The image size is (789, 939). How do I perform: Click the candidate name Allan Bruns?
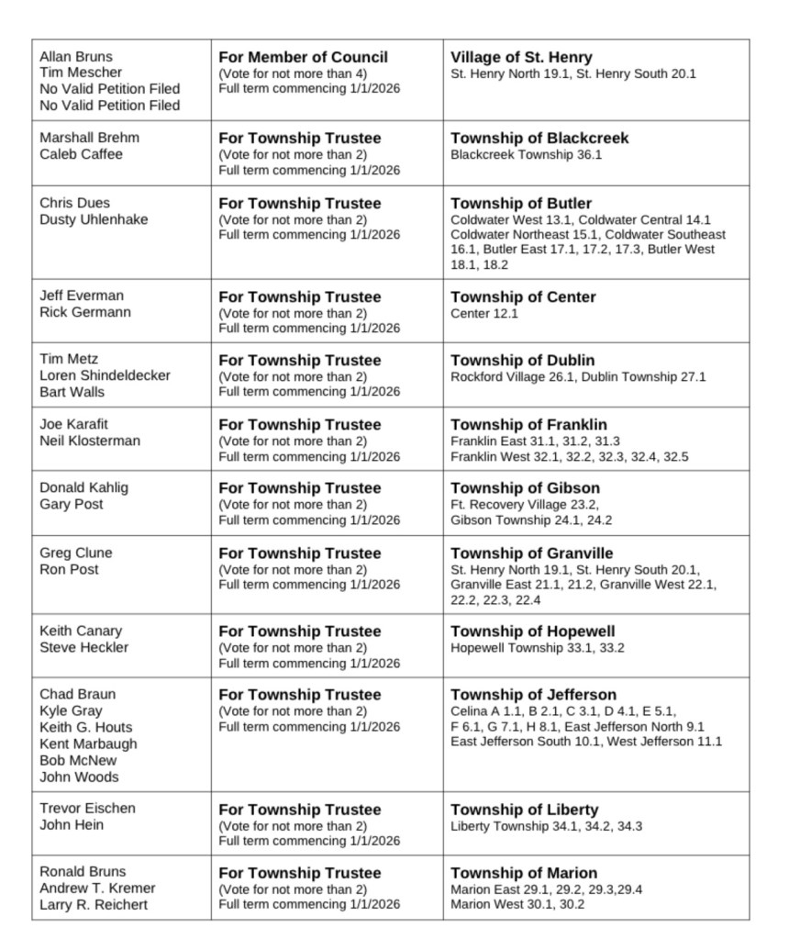[x=76, y=57]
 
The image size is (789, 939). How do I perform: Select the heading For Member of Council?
[x=303, y=57]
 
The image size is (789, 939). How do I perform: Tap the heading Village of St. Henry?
[x=521, y=57]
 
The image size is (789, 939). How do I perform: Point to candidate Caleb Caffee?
[x=81, y=154]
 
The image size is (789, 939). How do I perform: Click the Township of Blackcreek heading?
[x=539, y=138]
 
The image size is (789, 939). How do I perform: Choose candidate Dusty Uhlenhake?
[x=94, y=219]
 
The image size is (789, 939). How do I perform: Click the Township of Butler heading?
[x=521, y=203]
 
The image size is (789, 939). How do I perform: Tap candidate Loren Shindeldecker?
[x=105, y=375]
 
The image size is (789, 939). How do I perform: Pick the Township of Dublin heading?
[x=522, y=360]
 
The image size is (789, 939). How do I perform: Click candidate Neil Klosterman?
[x=90, y=441]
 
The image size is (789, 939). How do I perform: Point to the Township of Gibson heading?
[x=525, y=487]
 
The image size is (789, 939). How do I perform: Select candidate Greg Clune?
[x=76, y=553]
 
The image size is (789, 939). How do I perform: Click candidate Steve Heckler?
[x=84, y=647]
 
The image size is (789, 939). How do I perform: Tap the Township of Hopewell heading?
[x=532, y=631]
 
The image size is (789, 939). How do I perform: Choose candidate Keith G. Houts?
[x=85, y=727]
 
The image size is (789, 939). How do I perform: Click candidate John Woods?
[x=79, y=777]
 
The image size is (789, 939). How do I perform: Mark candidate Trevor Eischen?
[x=87, y=808]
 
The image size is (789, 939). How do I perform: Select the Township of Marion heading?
[x=523, y=872]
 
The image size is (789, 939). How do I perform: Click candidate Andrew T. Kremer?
[x=97, y=888]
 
